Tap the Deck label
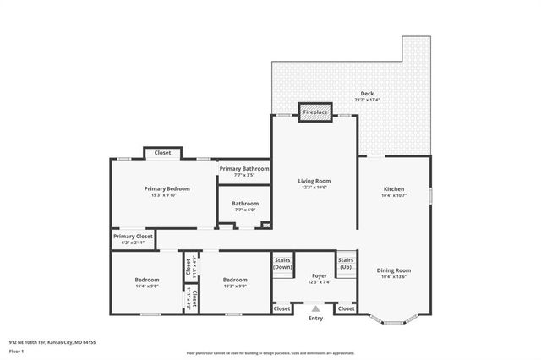[x=367, y=93]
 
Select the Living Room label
[x=314, y=181]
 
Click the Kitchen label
[x=394, y=188]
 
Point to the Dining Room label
[x=393, y=270]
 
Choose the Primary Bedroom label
[x=167, y=188]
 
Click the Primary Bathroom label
[x=244, y=169]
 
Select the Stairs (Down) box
[x=282, y=263]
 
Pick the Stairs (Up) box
[x=345, y=263]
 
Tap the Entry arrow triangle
[x=314, y=309]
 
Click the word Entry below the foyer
[x=315, y=319]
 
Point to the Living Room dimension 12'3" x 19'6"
[x=314, y=188]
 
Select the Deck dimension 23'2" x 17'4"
[x=367, y=100]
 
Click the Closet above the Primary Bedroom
[x=162, y=153]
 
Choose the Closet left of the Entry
[x=282, y=309]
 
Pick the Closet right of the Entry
[x=347, y=309]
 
